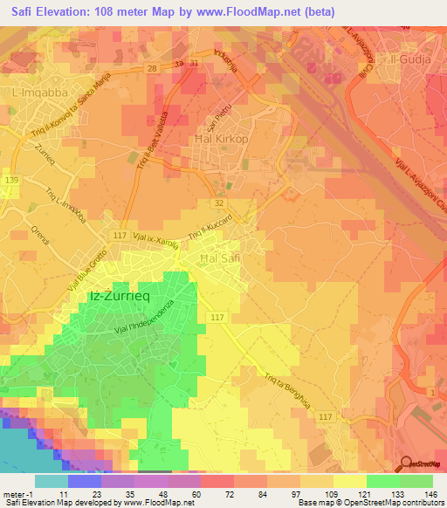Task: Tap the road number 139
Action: click(x=10, y=180)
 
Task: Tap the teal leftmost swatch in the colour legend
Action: click(x=51, y=481)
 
